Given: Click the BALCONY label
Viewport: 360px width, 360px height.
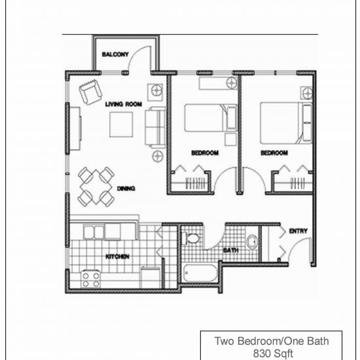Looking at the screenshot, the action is pos(115,54).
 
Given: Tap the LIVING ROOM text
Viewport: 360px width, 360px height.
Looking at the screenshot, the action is pos(124,104).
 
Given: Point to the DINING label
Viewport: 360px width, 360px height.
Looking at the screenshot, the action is pos(126,189).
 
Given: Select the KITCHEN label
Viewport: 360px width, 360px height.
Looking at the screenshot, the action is pos(117,257).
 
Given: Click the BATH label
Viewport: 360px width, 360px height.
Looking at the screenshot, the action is pos(231,250).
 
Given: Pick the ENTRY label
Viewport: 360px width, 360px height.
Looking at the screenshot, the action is pos(298,231).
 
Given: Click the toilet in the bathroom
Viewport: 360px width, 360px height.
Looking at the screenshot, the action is pos(190,238).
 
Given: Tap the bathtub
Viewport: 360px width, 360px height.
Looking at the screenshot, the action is pos(200,273).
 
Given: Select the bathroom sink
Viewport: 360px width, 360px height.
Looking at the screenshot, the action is pos(252,242).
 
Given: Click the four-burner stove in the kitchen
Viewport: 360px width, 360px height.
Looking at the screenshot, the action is pos(91,279).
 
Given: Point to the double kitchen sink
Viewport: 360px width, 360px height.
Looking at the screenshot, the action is pos(94,232).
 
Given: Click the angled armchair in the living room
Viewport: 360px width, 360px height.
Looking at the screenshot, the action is pos(90,92).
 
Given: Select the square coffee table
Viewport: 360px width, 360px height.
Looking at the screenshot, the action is pos(121,124).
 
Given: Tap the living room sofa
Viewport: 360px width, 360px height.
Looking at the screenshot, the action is pos(155,127).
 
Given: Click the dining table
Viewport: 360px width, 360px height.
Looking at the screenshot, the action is pos(96,187).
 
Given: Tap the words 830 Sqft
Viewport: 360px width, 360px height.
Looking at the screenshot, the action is pos(273,353).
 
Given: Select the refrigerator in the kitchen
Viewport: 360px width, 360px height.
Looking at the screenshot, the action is pos(151,278).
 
